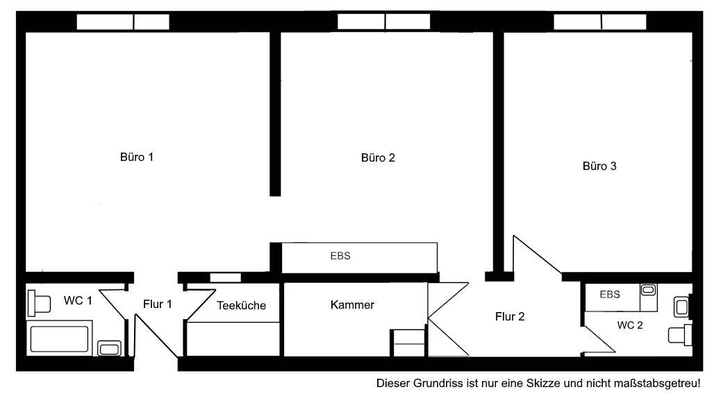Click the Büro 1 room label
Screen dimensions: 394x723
tap(137, 157)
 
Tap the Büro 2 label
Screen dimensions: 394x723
tap(378, 157)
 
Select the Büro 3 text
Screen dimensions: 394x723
tap(599, 166)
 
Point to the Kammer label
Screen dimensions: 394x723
tap(352, 305)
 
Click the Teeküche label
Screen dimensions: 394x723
tap(241, 305)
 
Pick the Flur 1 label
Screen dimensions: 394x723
tap(157, 304)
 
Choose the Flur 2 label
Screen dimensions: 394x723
tap(509, 317)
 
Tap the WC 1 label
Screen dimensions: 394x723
tap(78, 300)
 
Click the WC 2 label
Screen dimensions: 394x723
tap(631, 325)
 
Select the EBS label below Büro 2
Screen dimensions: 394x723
tap(340, 255)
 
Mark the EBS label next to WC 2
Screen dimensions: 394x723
tap(609, 294)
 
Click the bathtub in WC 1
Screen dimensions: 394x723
tap(59, 339)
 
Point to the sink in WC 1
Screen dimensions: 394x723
tap(108, 348)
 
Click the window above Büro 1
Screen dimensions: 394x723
tap(123, 22)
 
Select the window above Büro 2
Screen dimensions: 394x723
tap(384, 22)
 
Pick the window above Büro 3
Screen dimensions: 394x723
tap(600, 22)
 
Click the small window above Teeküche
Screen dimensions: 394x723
tap(225, 277)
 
